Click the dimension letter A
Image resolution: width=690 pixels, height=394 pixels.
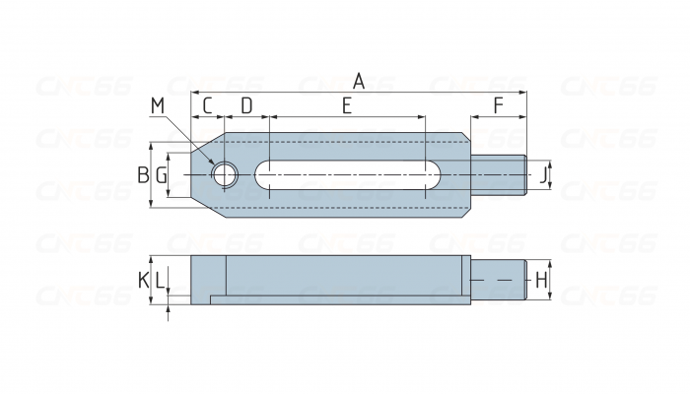point(359,82)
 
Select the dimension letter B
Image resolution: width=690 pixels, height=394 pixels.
point(143,175)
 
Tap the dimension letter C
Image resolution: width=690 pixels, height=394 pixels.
point(208,104)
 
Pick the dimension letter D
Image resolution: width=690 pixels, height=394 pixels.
point(246,104)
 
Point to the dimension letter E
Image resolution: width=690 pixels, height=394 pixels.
point(347,104)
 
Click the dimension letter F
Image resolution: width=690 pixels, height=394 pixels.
point(498,104)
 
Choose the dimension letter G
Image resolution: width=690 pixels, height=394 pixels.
point(162,175)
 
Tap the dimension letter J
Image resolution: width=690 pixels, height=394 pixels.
point(542,175)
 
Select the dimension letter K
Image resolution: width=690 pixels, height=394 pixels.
point(143,281)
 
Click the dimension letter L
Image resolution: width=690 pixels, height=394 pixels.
point(160,281)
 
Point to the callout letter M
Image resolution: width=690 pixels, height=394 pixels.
point(159,104)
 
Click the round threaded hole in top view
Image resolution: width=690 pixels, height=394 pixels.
point(225,175)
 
